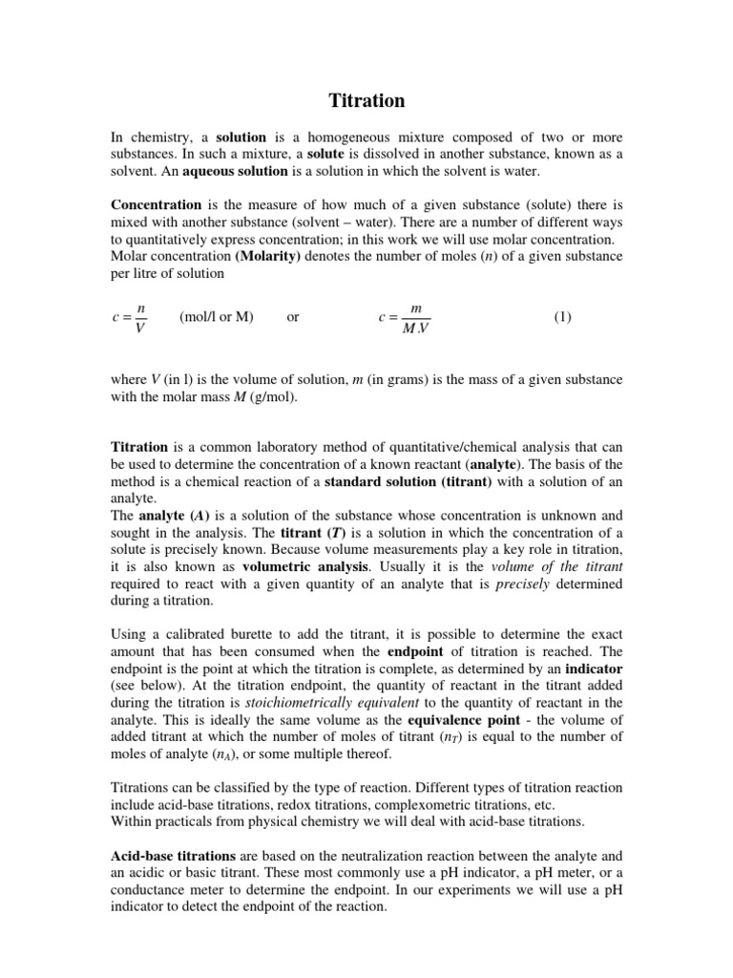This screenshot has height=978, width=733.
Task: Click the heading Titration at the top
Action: coord(366,100)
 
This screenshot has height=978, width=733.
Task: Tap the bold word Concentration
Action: coord(157,204)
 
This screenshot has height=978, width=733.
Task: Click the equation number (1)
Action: coord(562,317)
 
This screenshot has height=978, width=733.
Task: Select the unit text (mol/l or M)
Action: coord(216,317)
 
